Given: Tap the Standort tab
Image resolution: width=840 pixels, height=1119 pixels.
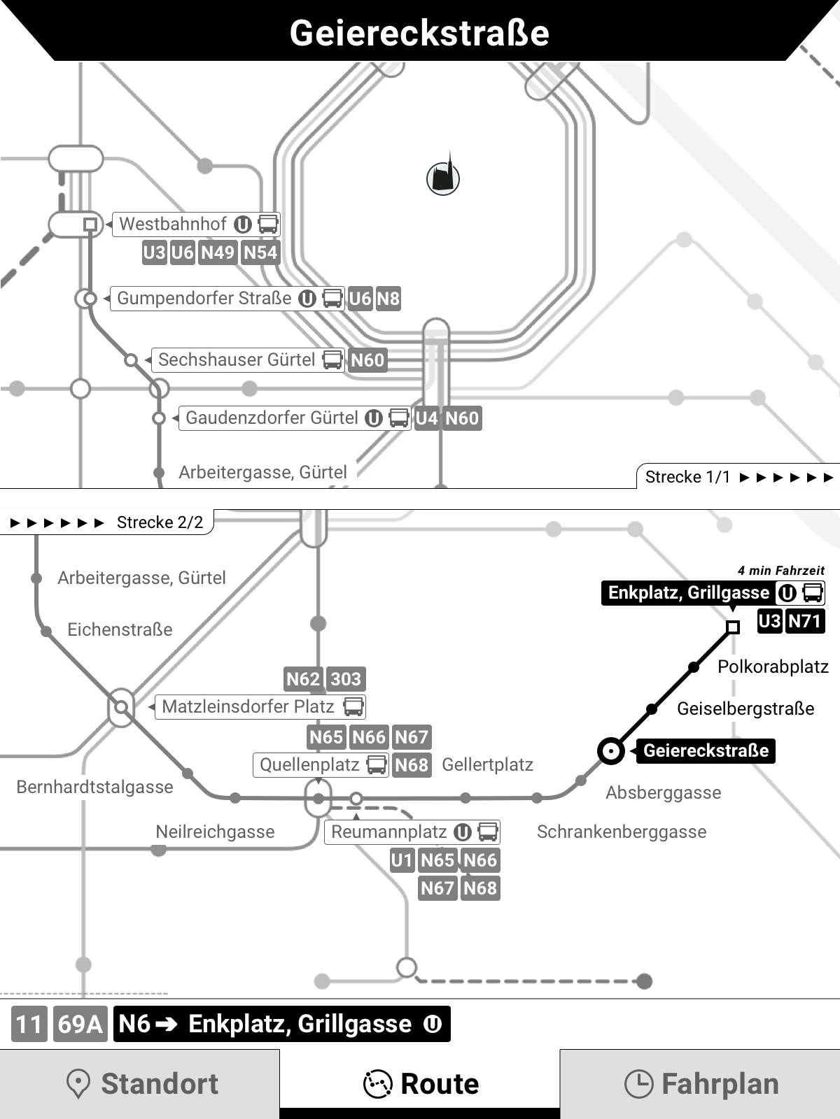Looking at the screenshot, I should pyautogui.click(x=140, y=1084).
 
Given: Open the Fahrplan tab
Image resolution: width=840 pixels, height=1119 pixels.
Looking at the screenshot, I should pyautogui.click(x=700, y=1084).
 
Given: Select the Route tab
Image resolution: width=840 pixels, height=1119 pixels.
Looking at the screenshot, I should pyautogui.click(x=420, y=1084).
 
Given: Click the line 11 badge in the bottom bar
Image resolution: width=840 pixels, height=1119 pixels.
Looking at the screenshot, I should pyautogui.click(x=29, y=1025).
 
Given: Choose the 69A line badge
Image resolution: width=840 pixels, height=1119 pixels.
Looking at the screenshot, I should pyautogui.click(x=80, y=1025).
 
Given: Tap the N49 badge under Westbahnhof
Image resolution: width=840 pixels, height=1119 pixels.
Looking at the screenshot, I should pyautogui.click(x=218, y=252).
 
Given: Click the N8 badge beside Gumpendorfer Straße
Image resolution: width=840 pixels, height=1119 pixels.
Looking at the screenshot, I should pyautogui.click(x=388, y=299).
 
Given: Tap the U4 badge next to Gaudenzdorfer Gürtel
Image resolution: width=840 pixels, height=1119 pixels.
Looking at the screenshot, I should pyautogui.click(x=426, y=418).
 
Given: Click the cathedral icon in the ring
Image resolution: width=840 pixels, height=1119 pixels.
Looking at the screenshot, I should pyautogui.click(x=443, y=178).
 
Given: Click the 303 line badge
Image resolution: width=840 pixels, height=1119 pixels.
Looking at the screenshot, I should pyautogui.click(x=346, y=679).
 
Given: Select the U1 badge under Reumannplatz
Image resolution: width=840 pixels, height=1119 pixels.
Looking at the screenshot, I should pyautogui.click(x=402, y=860).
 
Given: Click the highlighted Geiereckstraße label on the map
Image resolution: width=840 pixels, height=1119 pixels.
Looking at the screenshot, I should pyautogui.click(x=706, y=751).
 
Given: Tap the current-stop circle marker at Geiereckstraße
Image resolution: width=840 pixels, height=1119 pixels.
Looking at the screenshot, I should pyautogui.click(x=611, y=751).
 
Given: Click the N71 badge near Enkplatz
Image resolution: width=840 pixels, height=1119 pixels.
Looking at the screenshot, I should pyautogui.click(x=804, y=621).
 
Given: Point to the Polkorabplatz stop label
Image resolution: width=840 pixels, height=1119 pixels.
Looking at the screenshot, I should pyautogui.click(x=773, y=667).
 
